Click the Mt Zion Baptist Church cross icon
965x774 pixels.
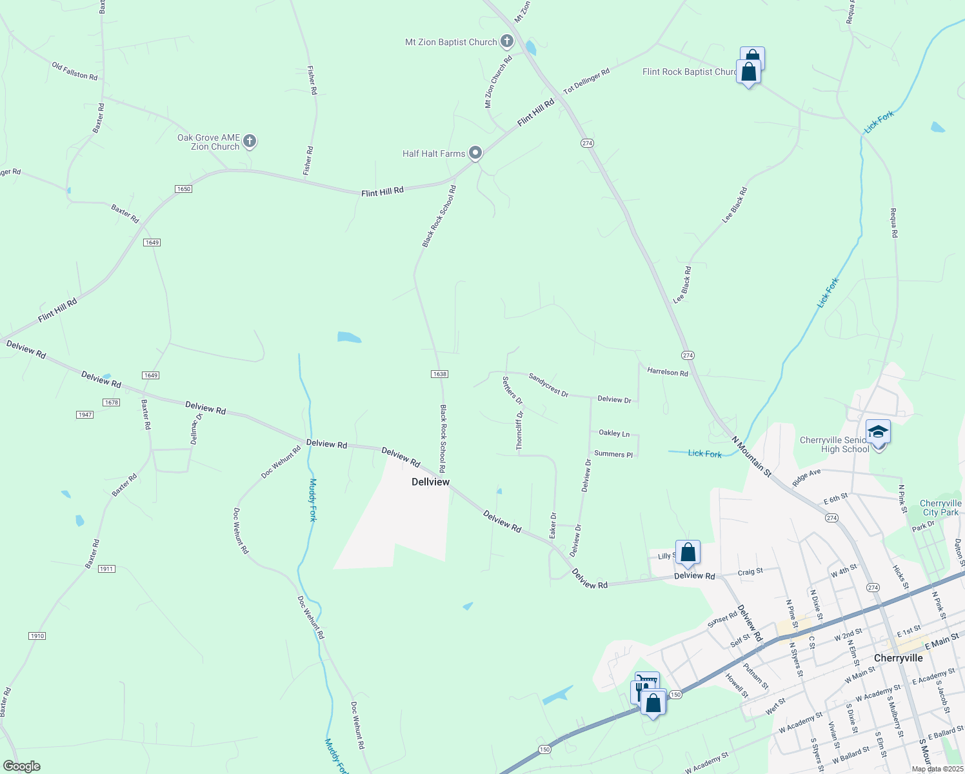[507, 42]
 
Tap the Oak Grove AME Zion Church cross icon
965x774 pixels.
[250, 141]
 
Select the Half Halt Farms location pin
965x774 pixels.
[475, 153]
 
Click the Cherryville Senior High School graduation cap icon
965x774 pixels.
[878, 431]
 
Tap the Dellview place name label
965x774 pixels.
[430, 482]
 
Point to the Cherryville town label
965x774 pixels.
[898, 658]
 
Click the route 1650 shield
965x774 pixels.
[184, 189]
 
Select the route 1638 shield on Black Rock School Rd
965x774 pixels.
[439, 374]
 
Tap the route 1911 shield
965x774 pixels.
[106, 569]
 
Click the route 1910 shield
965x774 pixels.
[37, 636]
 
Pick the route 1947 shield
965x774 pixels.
[85, 415]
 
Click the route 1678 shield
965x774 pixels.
[111, 402]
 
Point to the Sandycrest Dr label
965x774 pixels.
[548, 385]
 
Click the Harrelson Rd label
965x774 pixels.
[667, 372]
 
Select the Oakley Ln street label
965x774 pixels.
[614, 433]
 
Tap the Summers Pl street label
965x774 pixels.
[613, 454]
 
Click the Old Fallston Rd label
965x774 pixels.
[75, 71]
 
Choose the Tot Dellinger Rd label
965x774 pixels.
[586, 82]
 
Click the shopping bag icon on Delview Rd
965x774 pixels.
[688, 552]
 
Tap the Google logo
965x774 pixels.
[22, 766]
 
